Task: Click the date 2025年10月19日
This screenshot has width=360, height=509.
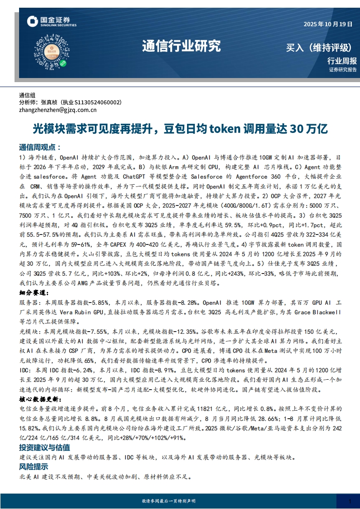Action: coord(328,24)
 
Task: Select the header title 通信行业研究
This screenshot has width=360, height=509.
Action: coord(181,46)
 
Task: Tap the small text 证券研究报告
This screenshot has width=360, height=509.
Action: coord(343,70)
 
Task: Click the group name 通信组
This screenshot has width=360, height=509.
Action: coord(27,95)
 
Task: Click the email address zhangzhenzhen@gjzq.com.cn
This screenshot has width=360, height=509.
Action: coord(58,110)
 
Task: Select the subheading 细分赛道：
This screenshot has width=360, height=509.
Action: coord(35,293)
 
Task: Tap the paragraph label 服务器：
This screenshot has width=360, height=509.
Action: coord(30,303)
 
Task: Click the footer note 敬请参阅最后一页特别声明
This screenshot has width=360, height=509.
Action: coord(168,501)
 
